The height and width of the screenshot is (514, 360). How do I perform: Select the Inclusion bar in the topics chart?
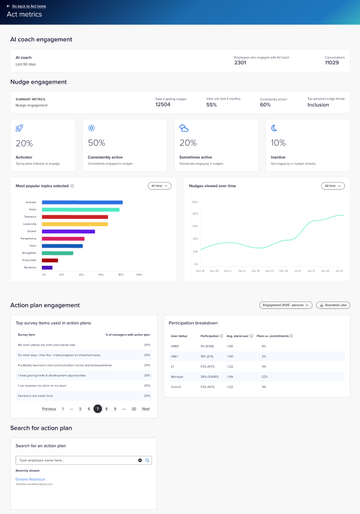[x=82, y=202]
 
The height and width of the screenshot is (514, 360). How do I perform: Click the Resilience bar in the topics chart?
[x=47, y=267]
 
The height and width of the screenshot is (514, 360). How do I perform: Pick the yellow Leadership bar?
[x=75, y=224]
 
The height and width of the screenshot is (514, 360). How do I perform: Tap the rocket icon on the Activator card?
[x=20, y=128]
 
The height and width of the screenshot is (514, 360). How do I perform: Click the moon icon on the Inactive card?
[x=274, y=128]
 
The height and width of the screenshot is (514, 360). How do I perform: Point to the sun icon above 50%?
[x=92, y=128]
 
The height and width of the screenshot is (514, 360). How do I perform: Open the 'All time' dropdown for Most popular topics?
[x=159, y=186]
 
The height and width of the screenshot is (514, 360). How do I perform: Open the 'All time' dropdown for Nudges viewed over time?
[x=333, y=186]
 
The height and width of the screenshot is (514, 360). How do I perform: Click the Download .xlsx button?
[x=333, y=305]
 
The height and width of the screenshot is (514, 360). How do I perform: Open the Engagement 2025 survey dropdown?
[x=286, y=305]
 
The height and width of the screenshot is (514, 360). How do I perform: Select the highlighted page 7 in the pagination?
[x=98, y=409]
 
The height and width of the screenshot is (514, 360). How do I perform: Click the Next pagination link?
[x=146, y=409]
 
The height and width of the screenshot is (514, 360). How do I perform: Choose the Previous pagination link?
[x=49, y=409]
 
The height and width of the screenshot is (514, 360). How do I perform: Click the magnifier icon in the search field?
[x=148, y=460]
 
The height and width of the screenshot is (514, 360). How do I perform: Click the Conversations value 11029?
[x=332, y=63]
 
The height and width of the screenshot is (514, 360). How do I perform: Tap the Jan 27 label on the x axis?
[x=339, y=271]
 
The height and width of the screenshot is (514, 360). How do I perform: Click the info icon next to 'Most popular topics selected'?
[x=72, y=185]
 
